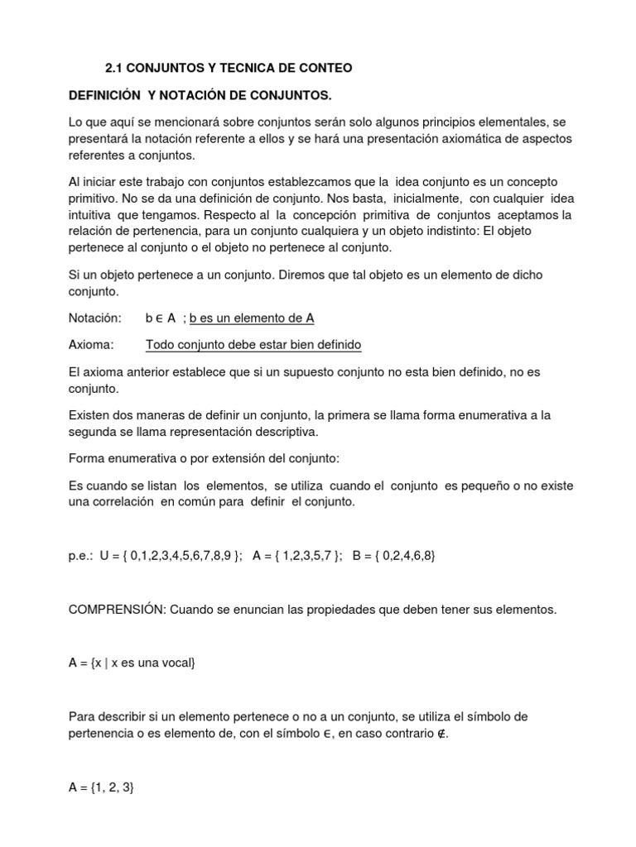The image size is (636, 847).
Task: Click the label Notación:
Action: coord(94,318)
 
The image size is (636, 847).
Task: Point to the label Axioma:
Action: coord(91,345)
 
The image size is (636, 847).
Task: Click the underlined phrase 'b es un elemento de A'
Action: coord(252,318)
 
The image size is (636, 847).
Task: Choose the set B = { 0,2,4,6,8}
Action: coord(393,556)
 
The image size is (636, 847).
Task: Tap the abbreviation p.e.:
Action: coord(84,556)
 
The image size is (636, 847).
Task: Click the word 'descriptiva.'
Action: coord(287,431)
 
